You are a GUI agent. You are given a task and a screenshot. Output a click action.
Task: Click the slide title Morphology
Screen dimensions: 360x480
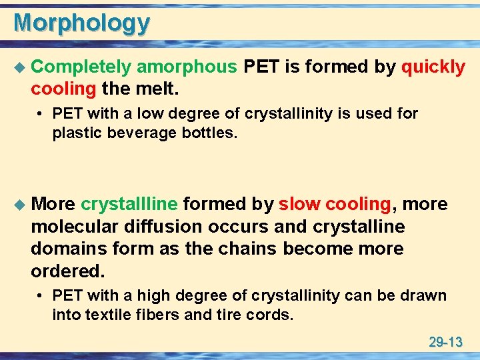click(81, 23)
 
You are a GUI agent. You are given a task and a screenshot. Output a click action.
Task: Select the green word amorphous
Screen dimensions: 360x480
click(187, 67)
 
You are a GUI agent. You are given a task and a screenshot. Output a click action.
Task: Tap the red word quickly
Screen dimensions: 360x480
click(433, 67)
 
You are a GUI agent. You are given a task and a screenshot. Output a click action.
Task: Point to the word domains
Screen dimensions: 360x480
click(64, 249)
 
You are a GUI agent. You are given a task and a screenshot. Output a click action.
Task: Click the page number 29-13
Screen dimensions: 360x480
click(445, 343)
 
